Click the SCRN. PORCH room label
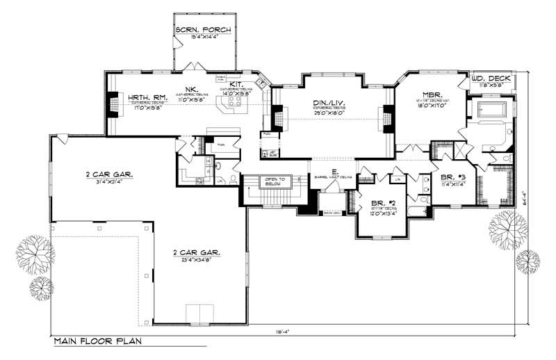click(204, 30)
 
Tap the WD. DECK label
click(493, 78)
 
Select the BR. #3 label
click(452, 177)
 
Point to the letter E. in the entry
click(334, 170)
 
